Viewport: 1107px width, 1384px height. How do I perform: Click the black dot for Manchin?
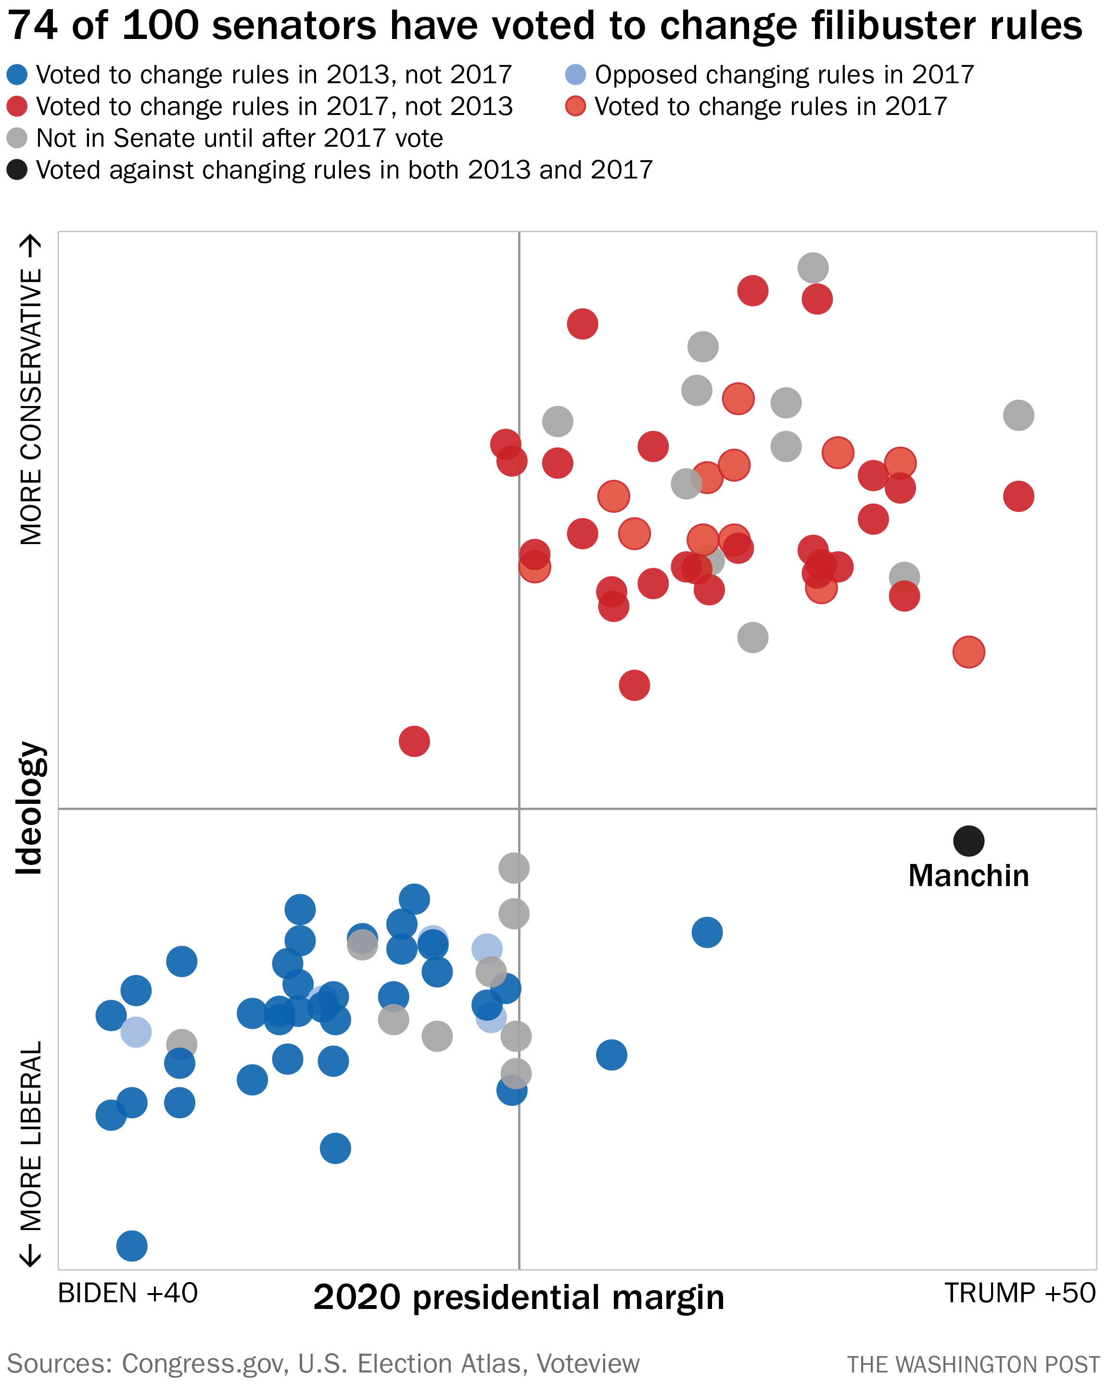(x=968, y=841)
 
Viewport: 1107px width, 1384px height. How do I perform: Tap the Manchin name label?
(x=968, y=876)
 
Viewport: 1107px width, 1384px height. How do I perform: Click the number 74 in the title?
(x=32, y=25)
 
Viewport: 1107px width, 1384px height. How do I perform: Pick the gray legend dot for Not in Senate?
(x=17, y=138)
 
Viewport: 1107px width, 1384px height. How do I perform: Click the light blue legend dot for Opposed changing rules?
(x=575, y=75)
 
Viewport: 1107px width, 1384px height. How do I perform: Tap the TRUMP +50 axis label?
(x=1019, y=1293)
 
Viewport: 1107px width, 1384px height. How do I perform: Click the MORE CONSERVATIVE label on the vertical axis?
(x=31, y=407)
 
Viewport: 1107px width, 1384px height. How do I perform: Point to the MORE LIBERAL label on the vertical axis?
(x=31, y=1136)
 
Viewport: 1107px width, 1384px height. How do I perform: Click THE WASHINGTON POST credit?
(x=973, y=1364)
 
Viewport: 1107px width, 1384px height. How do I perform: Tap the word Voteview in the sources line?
(x=587, y=1363)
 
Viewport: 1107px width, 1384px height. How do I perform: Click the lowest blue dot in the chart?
(x=132, y=1246)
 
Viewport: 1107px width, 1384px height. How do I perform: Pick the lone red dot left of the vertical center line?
(x=414, y=741)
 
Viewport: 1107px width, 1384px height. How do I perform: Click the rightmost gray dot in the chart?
(x=1018, y=415)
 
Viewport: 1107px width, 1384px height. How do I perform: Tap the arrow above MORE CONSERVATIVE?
(x=31, y=245)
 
